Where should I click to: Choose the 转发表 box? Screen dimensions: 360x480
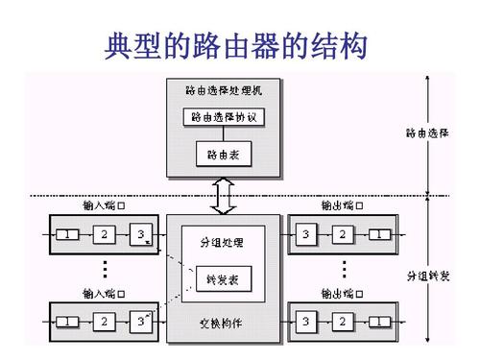(x=224, y=278)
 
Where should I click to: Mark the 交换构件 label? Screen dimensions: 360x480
(x=224, y=322)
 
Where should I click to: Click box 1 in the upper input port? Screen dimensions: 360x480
(x=66, y=235)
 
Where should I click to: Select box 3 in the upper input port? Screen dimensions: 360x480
(x=140, y=235)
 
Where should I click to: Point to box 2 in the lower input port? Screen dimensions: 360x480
(x=104, y=320)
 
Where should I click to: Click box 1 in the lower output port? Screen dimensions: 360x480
(x=381, y=320)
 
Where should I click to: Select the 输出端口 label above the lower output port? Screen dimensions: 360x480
(x=344, y=291)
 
